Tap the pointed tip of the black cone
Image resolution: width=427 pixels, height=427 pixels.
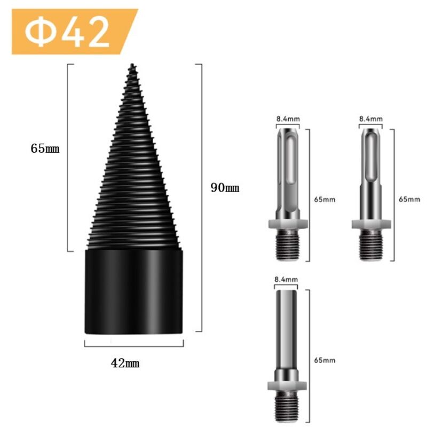[x=132, y=65]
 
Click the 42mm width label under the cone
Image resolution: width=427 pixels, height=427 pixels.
[x=125, y=363]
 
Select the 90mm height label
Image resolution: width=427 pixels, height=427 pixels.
[x=225, y=188]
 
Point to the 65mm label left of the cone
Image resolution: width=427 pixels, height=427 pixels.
[x=45, y=148]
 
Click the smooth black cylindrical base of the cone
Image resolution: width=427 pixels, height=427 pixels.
[x=134, y=291]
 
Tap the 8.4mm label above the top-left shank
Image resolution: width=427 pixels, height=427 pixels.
[x=288, y=118]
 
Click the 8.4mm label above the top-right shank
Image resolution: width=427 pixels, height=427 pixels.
[x=370, y=118]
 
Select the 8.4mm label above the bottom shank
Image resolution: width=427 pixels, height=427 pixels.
[x=286, y=279]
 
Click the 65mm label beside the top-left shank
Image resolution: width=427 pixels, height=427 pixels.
[x=325, y=199]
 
